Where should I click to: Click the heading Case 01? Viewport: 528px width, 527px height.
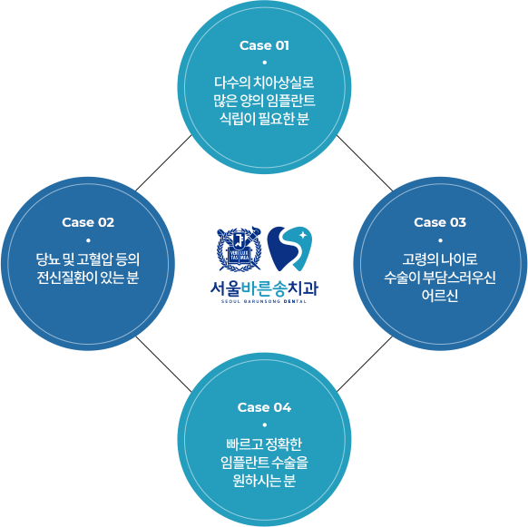click(264, 45)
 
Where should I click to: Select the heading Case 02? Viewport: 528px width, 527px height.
click(88, 222)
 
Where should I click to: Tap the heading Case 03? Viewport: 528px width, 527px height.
click(440, 222)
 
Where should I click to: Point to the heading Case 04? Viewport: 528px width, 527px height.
click(264, 407)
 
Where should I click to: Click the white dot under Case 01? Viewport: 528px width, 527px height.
click(264, 63)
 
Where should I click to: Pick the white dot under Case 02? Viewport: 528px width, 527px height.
click(88, 240)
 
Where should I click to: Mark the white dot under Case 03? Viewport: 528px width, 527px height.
click(440, 240)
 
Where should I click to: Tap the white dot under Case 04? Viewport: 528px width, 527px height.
click(264, 425)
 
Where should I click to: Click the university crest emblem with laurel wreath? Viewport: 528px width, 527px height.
click(240, 249)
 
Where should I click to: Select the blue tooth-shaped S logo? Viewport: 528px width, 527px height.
click(289, 249)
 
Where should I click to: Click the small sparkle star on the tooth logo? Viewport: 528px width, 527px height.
click(303, 235)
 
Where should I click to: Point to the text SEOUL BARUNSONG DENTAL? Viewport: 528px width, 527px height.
click(264, 301)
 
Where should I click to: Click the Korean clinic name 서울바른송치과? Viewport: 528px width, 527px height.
click(264, 288)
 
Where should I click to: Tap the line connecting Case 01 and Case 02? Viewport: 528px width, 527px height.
click(163, 163)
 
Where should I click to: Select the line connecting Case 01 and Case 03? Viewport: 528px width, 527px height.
click(365, 163)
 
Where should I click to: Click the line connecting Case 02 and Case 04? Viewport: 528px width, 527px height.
click(163, 364)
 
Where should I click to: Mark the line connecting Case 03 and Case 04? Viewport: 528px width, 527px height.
click(365, 364)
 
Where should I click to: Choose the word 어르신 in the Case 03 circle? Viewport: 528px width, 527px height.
click(440, 296)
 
